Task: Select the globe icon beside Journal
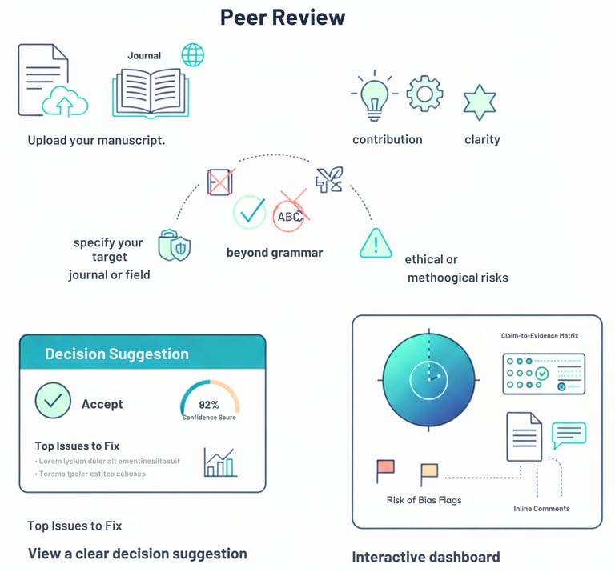pyautogui.click(x=193, y=55)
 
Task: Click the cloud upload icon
pyautogui.click(x=66, y=102)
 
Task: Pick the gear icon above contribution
pyautogui.click(x=424, y=94)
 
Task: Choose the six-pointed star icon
pyautogui.click(x=480, y=102)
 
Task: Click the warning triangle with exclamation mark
pyautogui.click(x=376, y=242)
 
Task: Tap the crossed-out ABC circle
pyautogui.click(x=289, y=214)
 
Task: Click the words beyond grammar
pyautogui.click(x=275, y=253)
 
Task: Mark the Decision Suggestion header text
pyautogui.click(x=117, y=354)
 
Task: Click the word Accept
pyautogui.click(x=102, y=404)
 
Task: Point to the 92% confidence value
pyautogui.click(x=209, y=405)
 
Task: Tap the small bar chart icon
pyautogui.click(x=219, y=462)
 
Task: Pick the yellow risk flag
pyautogui.click(x=429, y=472)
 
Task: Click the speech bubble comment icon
pyautogui.click(x=569, y=434)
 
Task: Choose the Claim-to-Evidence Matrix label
pyautogui.click(x=540, y=336)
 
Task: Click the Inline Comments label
pyautogui.click(x=541, y=509)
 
